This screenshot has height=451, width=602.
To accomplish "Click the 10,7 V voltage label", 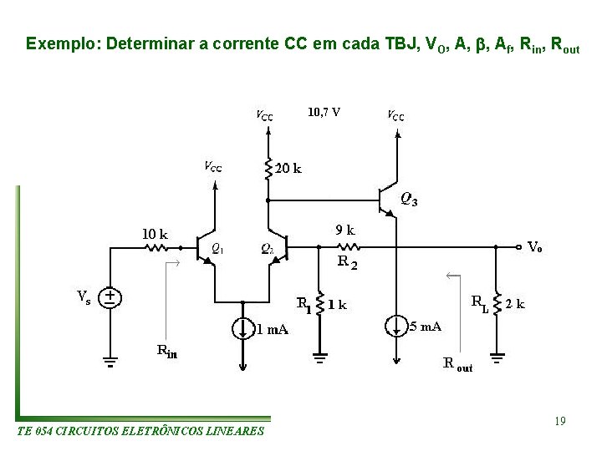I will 324,111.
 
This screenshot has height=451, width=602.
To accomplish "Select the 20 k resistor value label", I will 288,168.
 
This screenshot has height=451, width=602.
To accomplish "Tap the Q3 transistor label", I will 409,200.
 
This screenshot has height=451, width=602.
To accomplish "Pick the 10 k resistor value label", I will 153,235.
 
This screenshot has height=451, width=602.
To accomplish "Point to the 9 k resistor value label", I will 344,229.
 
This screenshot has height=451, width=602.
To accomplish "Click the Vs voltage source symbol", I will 109,297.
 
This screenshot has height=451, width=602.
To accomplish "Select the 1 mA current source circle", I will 242,327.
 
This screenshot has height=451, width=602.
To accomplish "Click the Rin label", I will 167,351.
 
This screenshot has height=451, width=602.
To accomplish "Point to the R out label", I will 457,363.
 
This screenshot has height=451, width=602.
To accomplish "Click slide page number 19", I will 559,422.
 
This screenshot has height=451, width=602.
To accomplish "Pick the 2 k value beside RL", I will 516,304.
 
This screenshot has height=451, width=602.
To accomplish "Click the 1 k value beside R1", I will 337,304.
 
